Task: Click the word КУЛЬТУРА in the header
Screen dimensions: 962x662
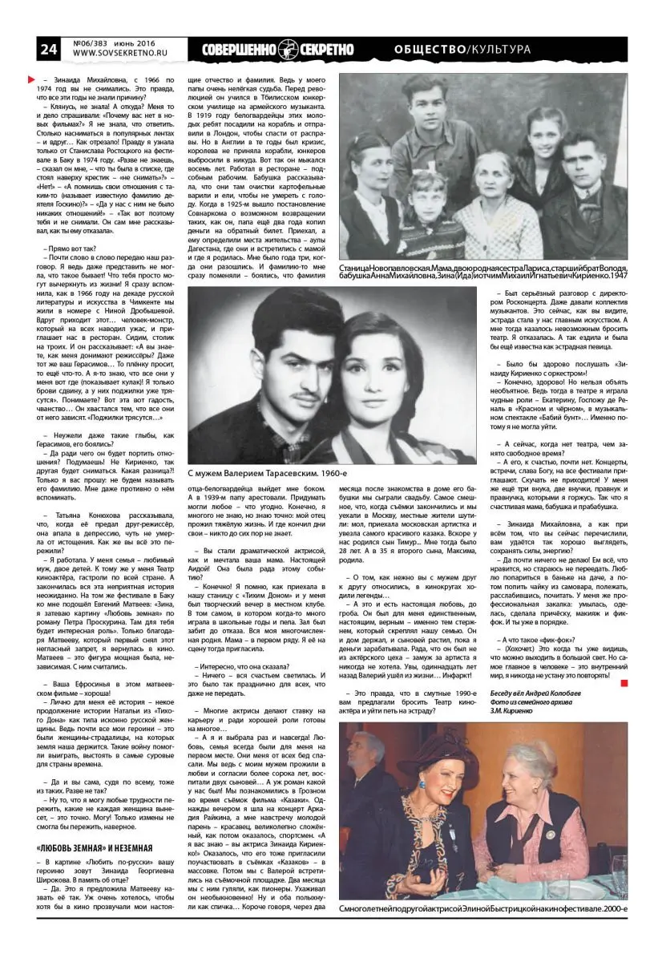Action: [500, 50]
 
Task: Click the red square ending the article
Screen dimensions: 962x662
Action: [624, 682]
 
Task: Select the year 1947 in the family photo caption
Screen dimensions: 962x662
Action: [616, 276]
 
